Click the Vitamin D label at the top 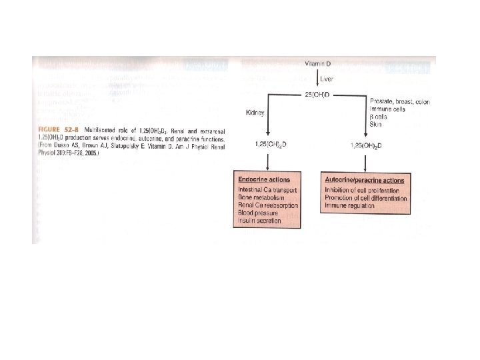(318, 63)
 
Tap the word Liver (327, 79)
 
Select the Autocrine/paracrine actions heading (364, 181)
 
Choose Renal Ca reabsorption (268, 206)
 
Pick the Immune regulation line (349, 206)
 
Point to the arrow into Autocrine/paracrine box (365, 164)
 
